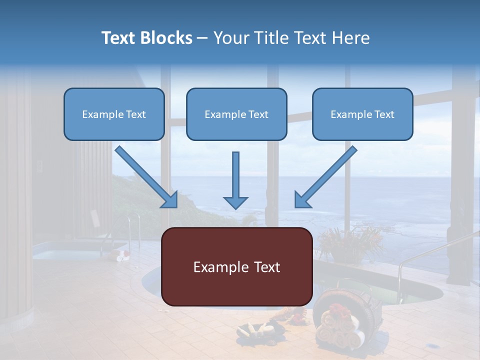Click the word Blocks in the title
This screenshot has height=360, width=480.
click(x=166, y=37)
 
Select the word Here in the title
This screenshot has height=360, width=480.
click(x=351, y=37)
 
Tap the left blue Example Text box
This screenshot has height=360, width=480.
click(x=114, y=114)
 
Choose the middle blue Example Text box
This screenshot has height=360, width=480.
click(x=236, y=114)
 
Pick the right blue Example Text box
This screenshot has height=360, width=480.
click(x=363, y=114)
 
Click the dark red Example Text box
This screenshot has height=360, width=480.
click(x=237, y=266)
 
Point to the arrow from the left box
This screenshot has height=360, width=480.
click(x=146, y=177)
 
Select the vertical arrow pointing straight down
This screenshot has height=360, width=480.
click(x=235, y=180)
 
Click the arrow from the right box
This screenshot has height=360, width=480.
click(x=325, y=177)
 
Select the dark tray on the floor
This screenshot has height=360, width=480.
click(x=260, y=331)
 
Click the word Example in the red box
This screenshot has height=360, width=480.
click(x=217, y=267)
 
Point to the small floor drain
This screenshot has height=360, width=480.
click(x=433, y=346)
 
